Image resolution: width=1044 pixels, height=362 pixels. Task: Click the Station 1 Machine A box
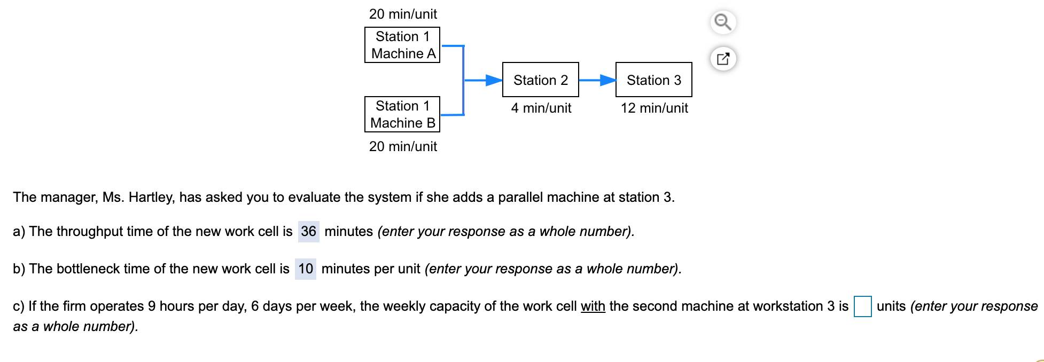402,45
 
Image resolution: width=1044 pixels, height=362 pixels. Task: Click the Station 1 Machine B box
402,114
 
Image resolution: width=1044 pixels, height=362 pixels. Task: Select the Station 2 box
540,80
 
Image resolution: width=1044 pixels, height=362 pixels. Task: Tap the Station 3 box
653,80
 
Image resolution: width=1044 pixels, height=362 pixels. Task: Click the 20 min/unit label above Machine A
403,14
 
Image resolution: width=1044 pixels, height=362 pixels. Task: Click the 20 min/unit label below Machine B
403,146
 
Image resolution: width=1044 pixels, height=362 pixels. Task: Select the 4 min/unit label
541,108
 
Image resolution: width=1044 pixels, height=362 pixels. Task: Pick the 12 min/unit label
654,108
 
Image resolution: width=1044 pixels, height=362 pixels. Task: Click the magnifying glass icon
723,22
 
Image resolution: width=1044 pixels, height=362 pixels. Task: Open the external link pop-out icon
723,59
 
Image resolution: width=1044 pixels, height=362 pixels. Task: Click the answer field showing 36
308,231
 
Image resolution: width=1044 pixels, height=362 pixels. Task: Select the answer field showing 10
306,269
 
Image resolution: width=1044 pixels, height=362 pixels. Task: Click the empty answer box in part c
862,306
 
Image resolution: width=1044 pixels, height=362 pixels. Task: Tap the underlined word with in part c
593,306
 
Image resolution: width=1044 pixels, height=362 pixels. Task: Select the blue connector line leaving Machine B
451,114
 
